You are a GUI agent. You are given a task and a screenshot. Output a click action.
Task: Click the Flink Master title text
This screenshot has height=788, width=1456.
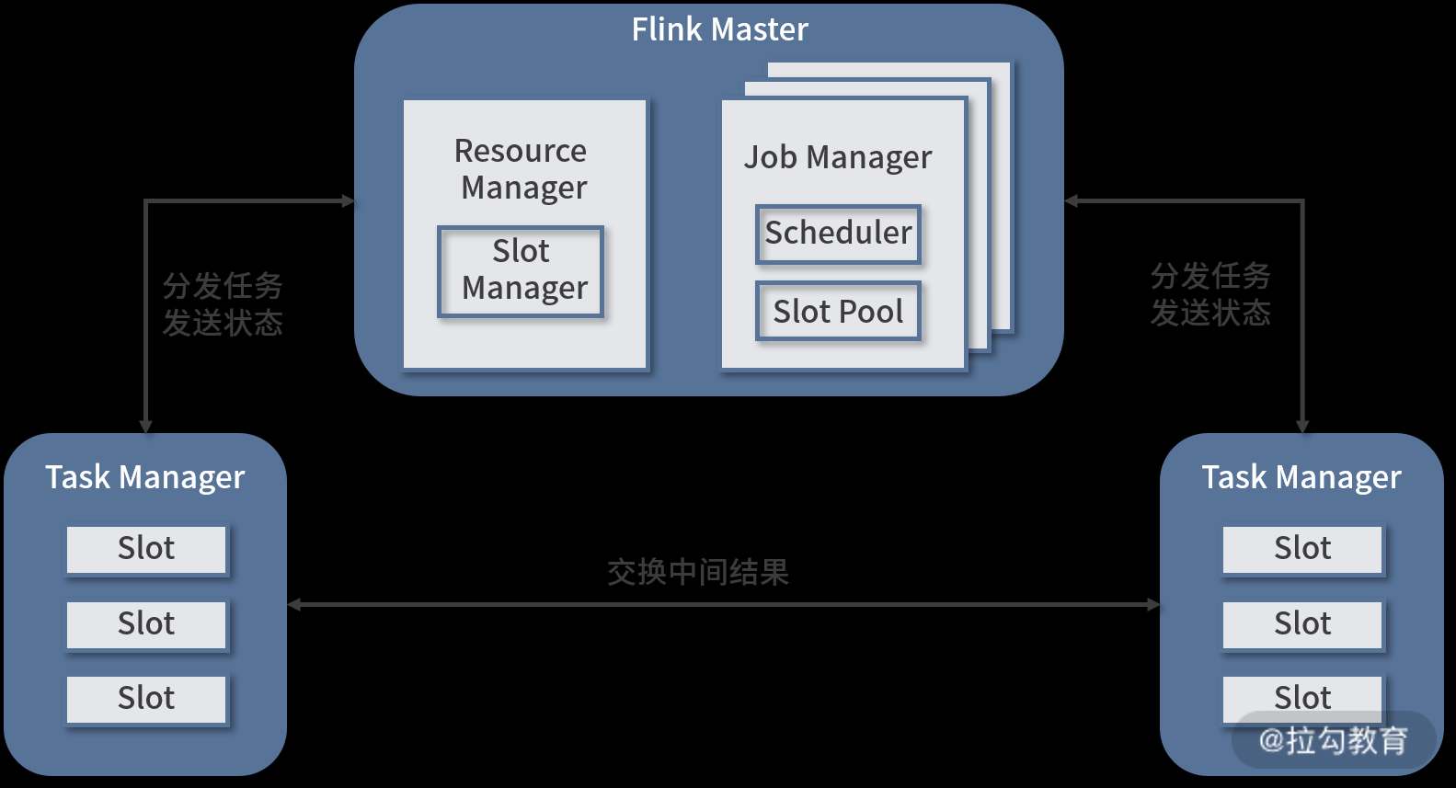click(719, 29)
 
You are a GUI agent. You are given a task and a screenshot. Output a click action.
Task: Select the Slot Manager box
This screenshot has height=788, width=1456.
click(521, 271)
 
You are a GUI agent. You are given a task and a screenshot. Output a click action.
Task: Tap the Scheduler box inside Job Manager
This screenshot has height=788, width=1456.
click(838, 234)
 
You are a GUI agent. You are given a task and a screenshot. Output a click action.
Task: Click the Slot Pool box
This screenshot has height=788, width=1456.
click(838, 312)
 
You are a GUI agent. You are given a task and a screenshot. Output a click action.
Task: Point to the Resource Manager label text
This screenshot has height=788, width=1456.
click(522, 168)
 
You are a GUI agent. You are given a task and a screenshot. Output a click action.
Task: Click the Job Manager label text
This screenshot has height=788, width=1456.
click(837, 157)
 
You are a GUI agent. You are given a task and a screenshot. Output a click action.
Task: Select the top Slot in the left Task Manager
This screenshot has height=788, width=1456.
click(146, 549)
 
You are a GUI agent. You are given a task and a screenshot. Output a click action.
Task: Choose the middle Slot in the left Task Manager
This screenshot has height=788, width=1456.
click(146, 624)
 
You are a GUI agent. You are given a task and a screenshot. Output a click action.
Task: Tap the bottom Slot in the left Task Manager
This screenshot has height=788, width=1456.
click(146, 699)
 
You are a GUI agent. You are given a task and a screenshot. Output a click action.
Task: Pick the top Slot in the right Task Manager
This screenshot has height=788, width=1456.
click(1302, 549)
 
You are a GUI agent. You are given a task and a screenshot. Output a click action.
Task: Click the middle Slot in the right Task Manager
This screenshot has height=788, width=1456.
click(1302, 624)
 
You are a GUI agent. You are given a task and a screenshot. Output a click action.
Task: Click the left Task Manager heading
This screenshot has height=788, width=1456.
click(145, 477)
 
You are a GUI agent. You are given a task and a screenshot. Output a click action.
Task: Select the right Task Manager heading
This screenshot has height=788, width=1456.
click(1301, 477)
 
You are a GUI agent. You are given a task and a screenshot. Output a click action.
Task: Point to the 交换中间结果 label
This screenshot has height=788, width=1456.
click(698, 572)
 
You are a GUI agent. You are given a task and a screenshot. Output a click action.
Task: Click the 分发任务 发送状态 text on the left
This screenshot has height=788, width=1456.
click(223, 304)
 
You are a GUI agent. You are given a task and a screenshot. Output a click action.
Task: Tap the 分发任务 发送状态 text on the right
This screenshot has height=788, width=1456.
click(1210, 294)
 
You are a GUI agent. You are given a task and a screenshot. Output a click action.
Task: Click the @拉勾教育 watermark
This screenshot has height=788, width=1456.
click(1334, 740)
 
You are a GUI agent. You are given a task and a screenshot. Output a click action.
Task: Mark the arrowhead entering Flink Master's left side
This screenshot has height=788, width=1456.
click(349, 200)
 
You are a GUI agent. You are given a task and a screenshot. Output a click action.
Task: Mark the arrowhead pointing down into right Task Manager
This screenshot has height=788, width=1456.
click(1302, 427)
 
